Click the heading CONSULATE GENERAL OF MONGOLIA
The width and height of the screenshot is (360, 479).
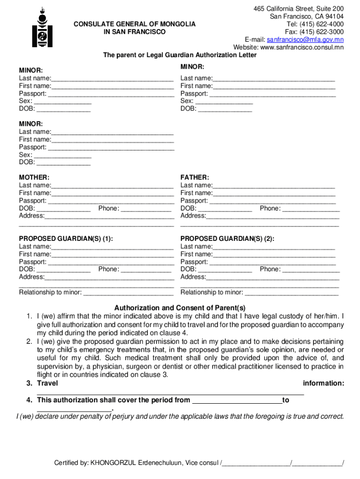click(x=134, y=24)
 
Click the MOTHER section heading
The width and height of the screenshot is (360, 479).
click(x=34, y=177)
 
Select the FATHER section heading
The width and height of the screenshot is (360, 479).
click(x=194, y=177)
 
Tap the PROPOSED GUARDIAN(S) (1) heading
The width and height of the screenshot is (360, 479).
click(x=65, y=239)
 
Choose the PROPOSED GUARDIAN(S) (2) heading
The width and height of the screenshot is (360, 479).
click(x=227, y=239)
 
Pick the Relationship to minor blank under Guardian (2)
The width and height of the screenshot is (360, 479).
click(x=291, y=293)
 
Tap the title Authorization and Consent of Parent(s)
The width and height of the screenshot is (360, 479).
click(x=180, y=308)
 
